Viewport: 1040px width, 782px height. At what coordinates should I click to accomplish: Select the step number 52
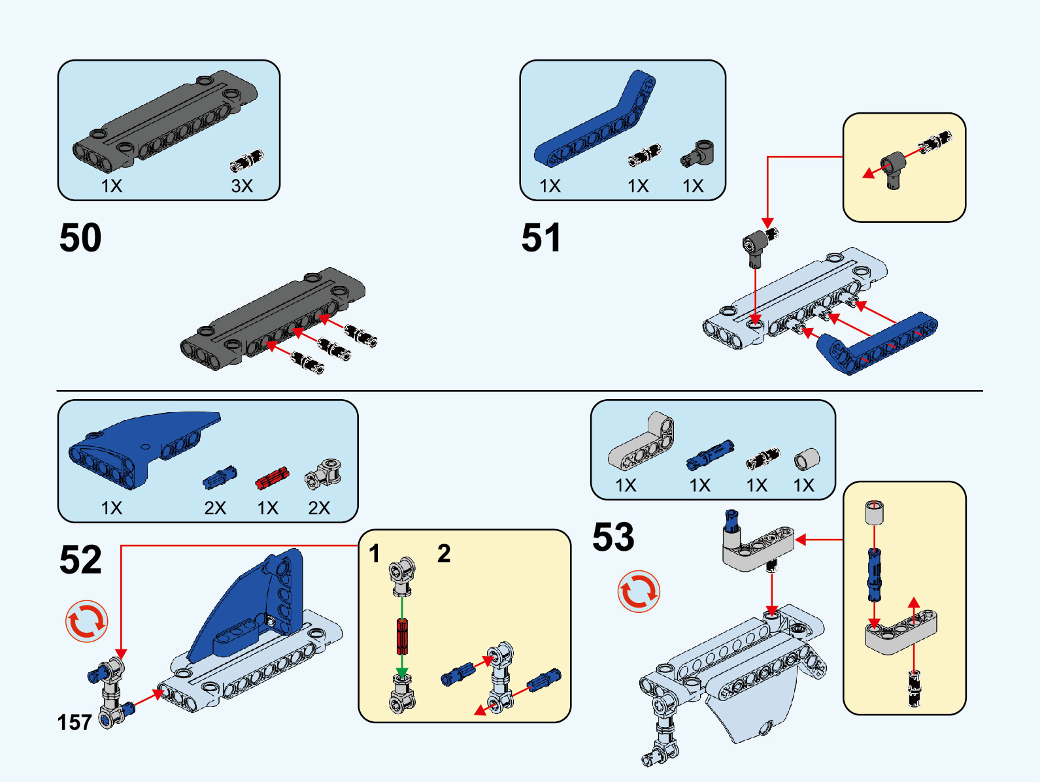click(80, 559)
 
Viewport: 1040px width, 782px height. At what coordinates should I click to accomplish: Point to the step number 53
click(613, 537)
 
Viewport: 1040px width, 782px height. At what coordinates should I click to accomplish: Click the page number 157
click(75, 722)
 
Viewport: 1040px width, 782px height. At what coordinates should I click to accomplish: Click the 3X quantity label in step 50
click(242, 186)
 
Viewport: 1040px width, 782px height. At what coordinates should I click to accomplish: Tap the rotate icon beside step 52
click(86, 621)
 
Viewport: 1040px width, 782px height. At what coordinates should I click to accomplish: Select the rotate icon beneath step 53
click(639, 592)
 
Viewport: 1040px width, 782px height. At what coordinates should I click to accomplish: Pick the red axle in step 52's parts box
click(272, 478)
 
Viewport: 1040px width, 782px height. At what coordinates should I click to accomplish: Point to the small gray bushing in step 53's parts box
click(807, 459)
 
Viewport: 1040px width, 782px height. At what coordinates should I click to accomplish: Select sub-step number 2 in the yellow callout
click(444, 554)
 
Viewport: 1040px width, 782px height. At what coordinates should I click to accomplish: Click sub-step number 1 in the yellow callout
click(374, 554)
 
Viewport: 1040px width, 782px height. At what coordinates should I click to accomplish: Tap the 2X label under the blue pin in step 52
click(215, 508)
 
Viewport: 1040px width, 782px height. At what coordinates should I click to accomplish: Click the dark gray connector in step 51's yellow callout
click(893, 167)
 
